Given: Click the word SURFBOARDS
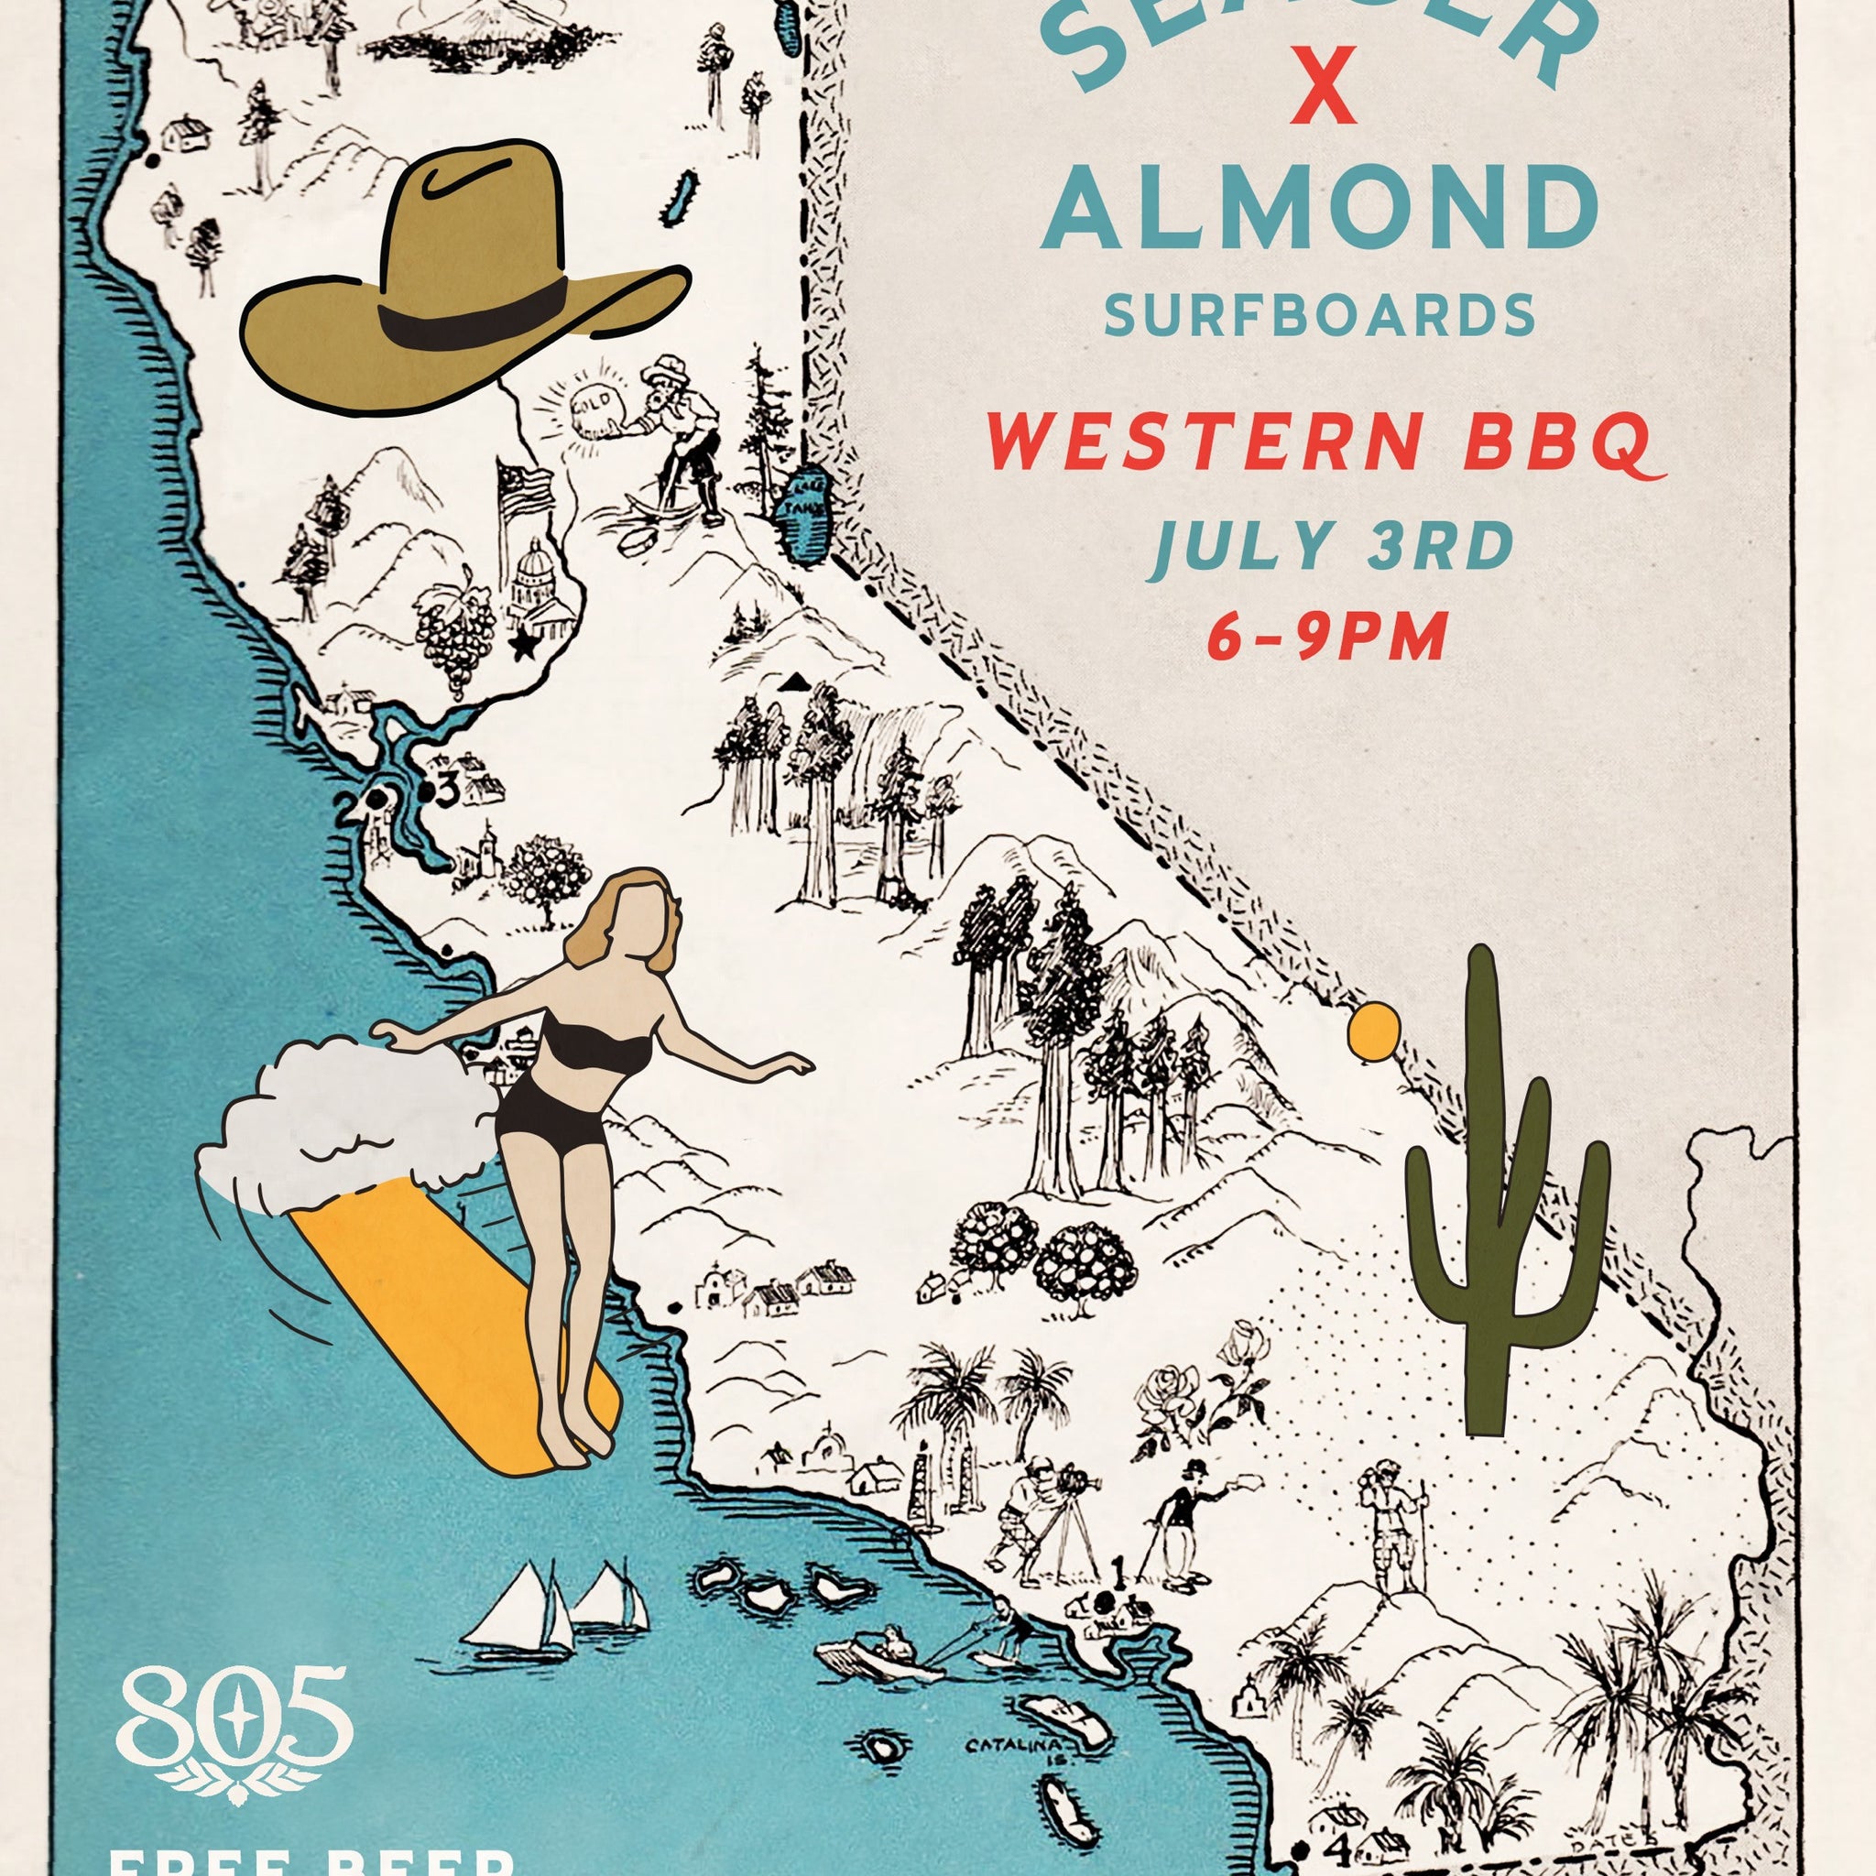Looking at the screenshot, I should tap(1321, 317).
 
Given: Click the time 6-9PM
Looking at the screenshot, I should tap(1327, 638).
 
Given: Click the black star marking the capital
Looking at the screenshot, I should tap(524, 646).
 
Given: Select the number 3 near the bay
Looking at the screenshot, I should tap(447, 792).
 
